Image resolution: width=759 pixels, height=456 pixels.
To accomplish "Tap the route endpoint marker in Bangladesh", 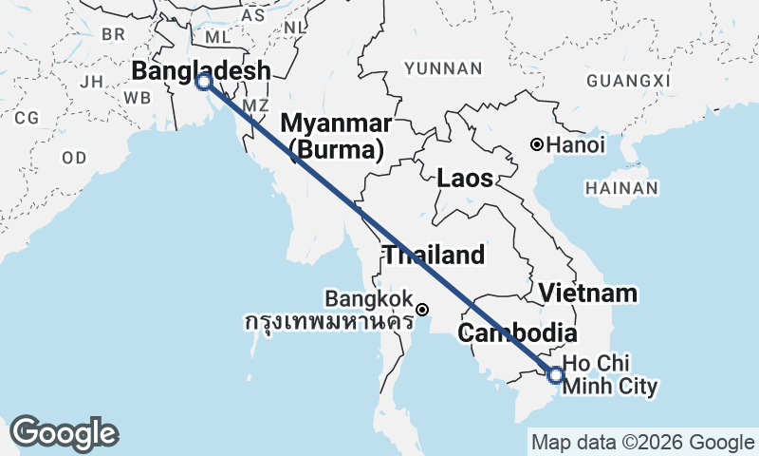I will pos(203,82).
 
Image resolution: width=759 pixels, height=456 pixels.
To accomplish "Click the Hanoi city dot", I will pos(537,145).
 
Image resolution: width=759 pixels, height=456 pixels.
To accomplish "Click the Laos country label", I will pos(464,178).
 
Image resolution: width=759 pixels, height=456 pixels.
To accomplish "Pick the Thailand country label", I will pos(434,255).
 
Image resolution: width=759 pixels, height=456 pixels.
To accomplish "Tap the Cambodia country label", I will pos(517,333).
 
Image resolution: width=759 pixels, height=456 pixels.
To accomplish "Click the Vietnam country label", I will pos(588,293).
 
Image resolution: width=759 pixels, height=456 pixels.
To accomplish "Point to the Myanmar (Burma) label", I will pos(336,136).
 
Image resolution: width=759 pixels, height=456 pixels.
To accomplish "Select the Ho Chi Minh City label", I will pos(607,375).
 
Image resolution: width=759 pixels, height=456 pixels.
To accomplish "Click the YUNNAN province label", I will pos(443,68).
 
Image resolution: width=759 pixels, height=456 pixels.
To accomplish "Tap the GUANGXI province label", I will pos(628,82).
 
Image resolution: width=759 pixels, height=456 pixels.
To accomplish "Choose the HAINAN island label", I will pos(621,188).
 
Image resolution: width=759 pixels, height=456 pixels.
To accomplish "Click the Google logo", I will pos(64,433).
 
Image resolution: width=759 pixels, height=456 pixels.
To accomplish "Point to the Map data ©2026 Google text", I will pos(642,442).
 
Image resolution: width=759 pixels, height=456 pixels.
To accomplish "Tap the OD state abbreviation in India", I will pos(74,157).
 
